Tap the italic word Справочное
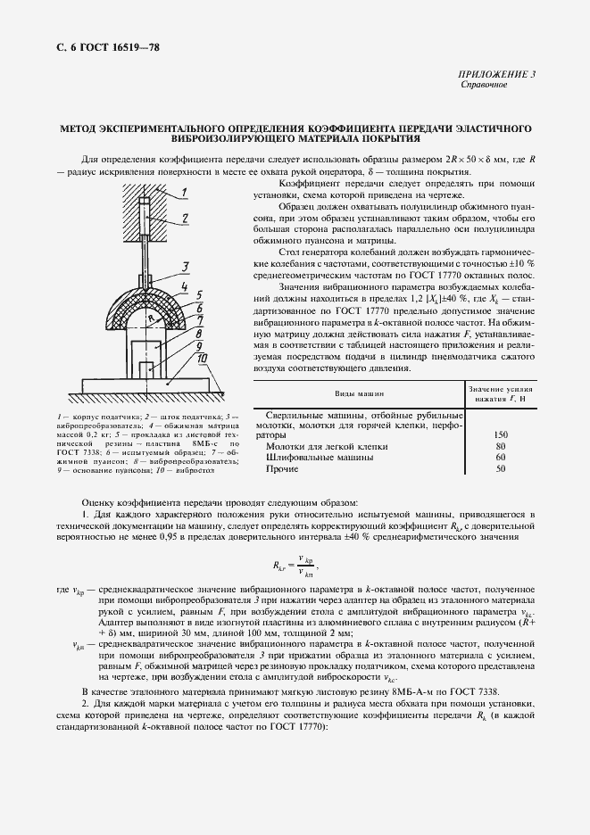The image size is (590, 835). tap(484, 86)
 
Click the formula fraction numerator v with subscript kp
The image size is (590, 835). tap(306, 558)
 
